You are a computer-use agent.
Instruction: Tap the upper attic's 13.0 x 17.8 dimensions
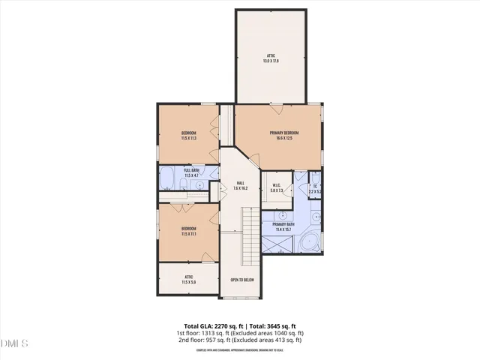coord(271,61)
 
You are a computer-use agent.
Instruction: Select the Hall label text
coord(240,183)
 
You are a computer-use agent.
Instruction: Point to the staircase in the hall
coord(250,236)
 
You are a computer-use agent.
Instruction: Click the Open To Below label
coord(242,280)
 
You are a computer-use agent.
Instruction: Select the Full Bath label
coord(190,170)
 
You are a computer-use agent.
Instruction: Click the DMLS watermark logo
coord(15,343)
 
